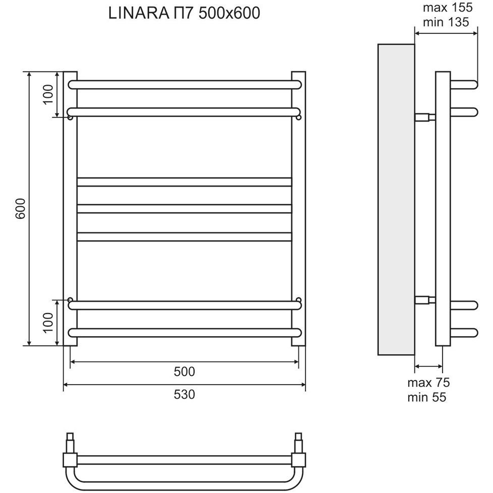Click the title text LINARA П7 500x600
tap(184, 13)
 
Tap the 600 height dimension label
tap(20, 209)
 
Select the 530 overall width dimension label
tap(184, 394)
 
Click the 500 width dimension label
tap(184, 372)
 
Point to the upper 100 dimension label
tap(48, 94)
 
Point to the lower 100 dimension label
tap(48, 322)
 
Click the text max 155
tap(448, 8)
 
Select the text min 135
tap(446, 22)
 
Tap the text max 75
tap(428, 383)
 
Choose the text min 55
tap(426, 397)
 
